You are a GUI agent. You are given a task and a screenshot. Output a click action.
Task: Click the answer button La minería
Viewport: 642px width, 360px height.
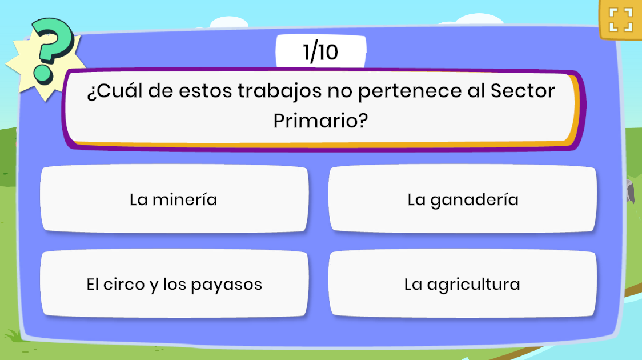[174, 199]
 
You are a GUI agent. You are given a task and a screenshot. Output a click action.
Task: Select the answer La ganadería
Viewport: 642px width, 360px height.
[463, 199]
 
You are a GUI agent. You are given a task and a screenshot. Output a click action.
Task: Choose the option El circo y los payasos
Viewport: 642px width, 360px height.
[174, 284]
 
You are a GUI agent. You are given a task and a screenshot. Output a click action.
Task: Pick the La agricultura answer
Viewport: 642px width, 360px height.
[463, 284]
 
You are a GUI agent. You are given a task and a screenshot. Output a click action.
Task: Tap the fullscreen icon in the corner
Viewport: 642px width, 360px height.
[621, 19]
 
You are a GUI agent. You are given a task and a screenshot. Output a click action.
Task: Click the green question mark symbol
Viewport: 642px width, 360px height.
[52, 51]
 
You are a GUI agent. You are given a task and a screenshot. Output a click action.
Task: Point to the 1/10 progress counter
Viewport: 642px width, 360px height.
[320, 52]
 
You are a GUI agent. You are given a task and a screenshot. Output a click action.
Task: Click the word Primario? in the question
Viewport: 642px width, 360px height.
[320, 121]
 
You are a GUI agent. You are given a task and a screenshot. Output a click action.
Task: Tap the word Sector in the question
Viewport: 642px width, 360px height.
[523, 90]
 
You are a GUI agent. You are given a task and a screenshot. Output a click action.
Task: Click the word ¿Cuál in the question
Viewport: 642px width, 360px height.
[115, 91]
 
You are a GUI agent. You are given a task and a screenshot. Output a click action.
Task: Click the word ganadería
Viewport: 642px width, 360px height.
[474, 200]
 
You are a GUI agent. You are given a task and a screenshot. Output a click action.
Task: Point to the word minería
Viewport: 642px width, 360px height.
[184, 199]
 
